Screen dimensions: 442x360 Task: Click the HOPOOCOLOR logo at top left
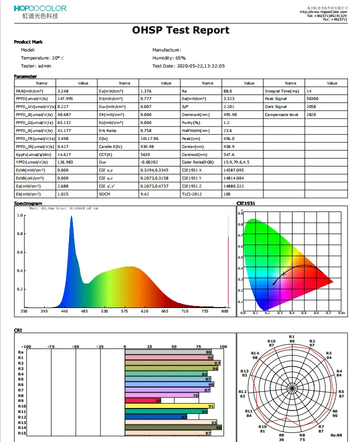(40, 8)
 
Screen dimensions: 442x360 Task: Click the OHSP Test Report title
(180, 30)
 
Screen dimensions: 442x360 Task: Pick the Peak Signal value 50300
(313, 99)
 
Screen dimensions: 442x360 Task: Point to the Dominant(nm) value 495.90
(230, 114)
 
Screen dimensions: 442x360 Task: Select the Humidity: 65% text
(169, 58)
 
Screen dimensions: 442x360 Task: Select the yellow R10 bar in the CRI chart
(170, 406)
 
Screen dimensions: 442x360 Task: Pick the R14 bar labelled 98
(173, 427)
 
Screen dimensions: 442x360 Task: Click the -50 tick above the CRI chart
(75, 346)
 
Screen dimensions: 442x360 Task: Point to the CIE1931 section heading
(245, 204)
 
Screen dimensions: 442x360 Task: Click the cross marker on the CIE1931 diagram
(284, 273)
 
